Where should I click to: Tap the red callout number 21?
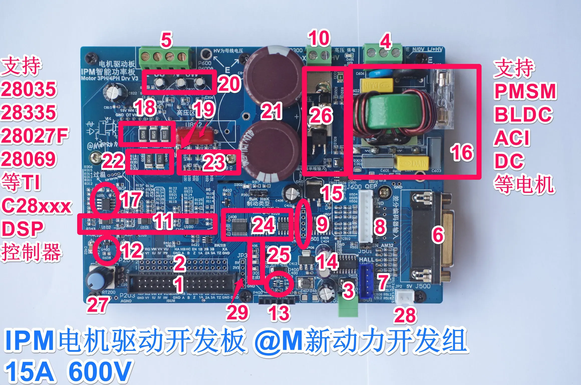tap(271, 111)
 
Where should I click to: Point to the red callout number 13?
tap(279, 313)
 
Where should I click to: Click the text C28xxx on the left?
tap(36, 206)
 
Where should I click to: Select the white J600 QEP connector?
tap(366, 216)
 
